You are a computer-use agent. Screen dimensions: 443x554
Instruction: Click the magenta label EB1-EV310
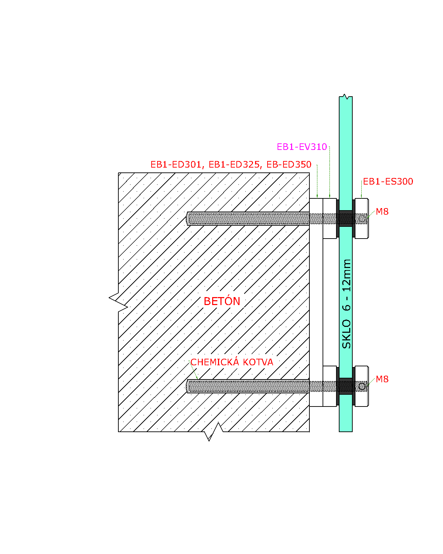click(x=302, y=147)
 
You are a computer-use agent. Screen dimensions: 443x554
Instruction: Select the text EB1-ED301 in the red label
click(x=176, y=164)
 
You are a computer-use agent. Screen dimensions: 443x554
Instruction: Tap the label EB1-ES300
click(x=388, y=181)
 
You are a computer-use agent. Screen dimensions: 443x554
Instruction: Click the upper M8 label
click(x=382, y=212)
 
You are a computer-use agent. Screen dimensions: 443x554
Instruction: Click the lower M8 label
click(x=382, y=379)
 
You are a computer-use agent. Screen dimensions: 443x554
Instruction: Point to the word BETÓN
click(x=222, y=301)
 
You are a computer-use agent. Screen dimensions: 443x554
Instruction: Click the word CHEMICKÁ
click(x=215, y=362)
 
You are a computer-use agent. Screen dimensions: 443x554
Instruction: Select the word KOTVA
click(x=258, y=362)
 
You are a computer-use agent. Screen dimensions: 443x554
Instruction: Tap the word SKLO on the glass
click(x=346, y=334)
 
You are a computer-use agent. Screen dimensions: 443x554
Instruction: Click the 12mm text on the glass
click(x=346, y=276)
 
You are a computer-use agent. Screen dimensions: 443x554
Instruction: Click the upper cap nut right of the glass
click(x=362, y=218)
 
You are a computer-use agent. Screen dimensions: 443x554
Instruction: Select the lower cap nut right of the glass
click(x=362, y=386)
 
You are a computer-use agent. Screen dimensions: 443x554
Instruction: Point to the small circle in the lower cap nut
click(x=362, y=386)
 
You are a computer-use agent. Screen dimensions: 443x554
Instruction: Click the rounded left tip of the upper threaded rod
click(x=187, y=218)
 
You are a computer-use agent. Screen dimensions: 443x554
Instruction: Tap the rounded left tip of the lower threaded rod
click(x=187, y=386)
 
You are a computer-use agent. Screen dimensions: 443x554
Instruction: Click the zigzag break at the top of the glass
click(x=346, y=97)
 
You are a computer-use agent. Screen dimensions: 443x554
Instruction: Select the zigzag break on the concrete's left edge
click(x=118, y=302)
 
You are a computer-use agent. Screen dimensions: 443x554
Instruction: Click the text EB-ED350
click(x=289, y=164)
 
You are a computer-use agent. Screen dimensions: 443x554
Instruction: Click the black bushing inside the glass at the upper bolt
click(x=346, y=218)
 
